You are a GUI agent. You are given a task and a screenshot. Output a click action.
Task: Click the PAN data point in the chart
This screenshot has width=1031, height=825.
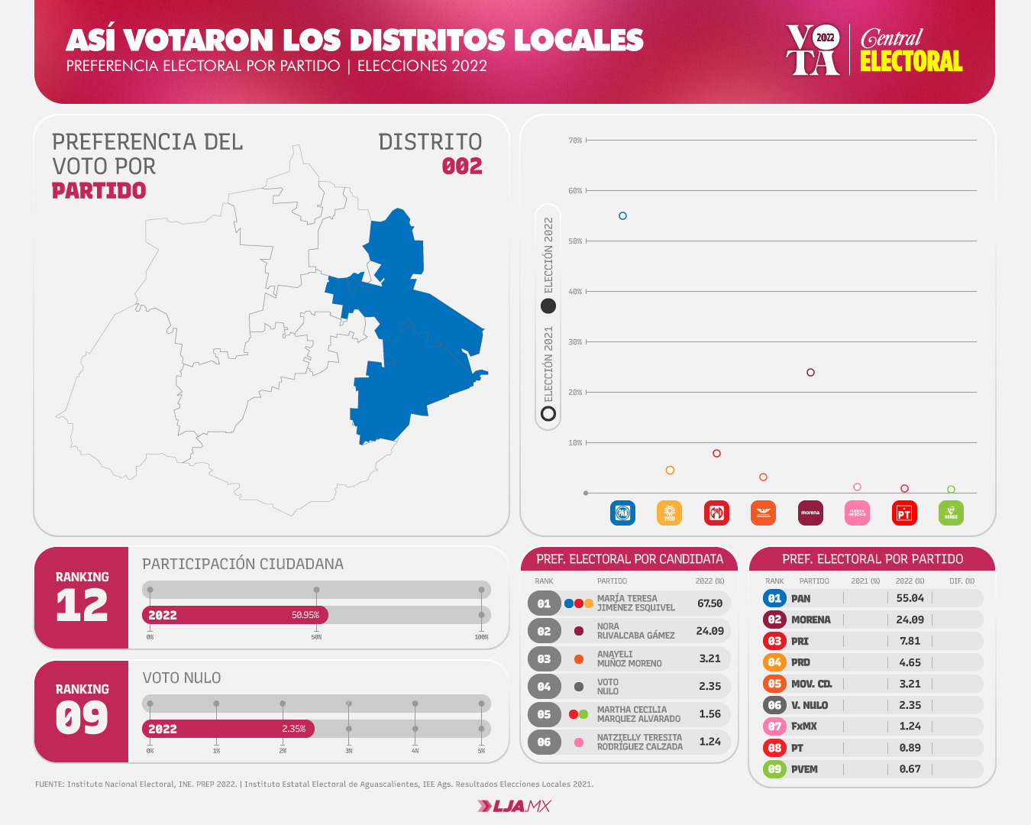622,216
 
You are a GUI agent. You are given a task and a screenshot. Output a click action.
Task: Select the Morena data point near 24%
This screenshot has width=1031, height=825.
810,373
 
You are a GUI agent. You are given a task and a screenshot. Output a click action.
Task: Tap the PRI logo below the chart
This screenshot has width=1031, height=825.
716,513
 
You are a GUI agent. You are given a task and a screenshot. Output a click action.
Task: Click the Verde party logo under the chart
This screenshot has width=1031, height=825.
951,513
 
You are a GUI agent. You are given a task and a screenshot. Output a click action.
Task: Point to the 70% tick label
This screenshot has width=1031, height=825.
575,141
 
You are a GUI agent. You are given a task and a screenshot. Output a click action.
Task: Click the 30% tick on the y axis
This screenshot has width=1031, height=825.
575,342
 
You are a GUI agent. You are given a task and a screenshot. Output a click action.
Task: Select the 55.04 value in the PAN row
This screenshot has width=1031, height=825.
910,598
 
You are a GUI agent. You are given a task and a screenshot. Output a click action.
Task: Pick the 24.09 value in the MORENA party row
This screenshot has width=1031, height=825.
910,620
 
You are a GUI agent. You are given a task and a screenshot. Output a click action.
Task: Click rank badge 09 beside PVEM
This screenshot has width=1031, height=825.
774,769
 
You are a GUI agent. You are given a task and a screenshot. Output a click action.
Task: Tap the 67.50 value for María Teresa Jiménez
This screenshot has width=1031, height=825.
709,603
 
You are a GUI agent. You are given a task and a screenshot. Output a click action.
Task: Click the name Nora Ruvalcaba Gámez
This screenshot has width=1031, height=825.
635,631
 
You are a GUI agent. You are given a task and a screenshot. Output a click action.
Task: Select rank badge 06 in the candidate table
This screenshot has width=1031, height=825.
544,742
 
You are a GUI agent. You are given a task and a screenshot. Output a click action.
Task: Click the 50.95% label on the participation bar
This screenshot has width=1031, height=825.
305,615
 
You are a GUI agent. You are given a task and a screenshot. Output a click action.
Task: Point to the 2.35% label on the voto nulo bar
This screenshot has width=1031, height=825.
293,729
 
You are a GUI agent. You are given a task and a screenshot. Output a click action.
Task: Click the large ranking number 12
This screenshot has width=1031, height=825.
82,607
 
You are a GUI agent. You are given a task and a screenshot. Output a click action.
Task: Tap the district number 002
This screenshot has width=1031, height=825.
462,167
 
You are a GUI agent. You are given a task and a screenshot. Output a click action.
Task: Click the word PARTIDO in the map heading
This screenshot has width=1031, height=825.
99,191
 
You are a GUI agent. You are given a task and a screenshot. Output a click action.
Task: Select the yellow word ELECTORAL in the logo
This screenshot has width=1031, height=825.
911,61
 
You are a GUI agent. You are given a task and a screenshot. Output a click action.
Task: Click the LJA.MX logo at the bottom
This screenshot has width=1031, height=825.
514,806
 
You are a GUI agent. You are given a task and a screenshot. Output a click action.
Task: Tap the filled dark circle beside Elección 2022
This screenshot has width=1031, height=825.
548,306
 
